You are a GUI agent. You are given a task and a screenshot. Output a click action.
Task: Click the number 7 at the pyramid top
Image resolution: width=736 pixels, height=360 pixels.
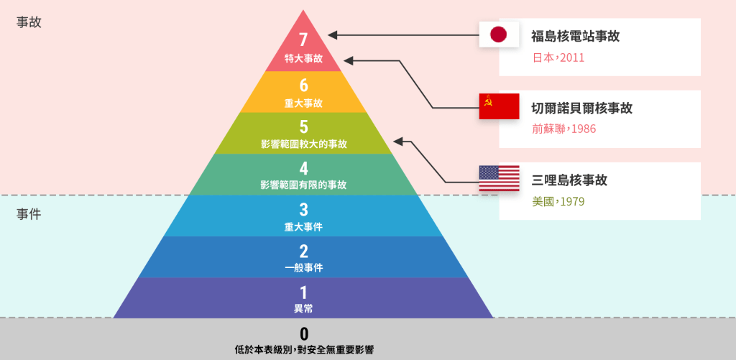pyautogui.click(x=304, y=40)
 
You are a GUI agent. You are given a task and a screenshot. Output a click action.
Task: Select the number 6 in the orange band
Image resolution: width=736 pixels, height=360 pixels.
pyautogui.click(x=304, y=86)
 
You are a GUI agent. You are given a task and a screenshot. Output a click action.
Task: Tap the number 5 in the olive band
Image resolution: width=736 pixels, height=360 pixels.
pyautogui.click(x=304, y=126)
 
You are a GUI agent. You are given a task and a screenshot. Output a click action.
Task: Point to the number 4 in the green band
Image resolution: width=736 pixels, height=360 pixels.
pyautogui.click(x=304, y=168)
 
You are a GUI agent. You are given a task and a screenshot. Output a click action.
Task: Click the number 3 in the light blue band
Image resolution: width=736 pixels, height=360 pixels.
pyautogui.click(x=304, y=209)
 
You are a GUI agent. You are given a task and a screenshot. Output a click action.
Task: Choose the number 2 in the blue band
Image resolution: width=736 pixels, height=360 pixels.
pyautogui.click(x=304, y=251)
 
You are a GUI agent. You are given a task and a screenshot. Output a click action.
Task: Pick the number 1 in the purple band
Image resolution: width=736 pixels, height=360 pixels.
pyautogui.click(x=304, y=292)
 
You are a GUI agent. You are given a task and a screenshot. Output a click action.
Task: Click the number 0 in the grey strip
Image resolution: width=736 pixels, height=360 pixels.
pyautogui.click(x=304, y=334)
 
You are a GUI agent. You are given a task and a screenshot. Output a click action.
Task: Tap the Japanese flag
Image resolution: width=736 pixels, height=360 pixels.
pyautogui.click(x=499, y=34)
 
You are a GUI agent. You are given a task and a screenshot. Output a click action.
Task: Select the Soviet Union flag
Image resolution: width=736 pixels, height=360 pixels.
pyautogui.click(x=499, y=106)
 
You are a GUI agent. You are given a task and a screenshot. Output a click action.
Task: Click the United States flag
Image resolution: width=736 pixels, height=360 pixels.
pyautogui.click(x=499, y=178)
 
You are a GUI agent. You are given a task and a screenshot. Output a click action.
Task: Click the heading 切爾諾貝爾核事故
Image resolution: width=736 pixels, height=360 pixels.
pyautogui.click(x=582, y=109)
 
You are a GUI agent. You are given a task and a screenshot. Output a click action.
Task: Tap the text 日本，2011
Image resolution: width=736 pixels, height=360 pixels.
pyautogui.click(x=558, y=57)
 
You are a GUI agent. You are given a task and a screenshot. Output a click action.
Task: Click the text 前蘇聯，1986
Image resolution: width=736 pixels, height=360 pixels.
pyautogui.click(x=563, y=129)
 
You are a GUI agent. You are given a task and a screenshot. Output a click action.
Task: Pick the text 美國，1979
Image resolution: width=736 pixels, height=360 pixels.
pyautogui.click(x=558, y=201)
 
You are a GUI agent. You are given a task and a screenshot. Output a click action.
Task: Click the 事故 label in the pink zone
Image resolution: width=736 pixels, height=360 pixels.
pyautogui.click(x=29, y=23)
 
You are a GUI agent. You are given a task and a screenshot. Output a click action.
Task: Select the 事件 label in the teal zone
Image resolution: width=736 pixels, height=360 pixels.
pyautogui.click(x=29, y=215)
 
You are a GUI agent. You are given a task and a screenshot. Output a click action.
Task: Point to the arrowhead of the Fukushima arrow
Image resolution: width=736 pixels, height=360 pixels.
pyautogui.click(x=332, y=34)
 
